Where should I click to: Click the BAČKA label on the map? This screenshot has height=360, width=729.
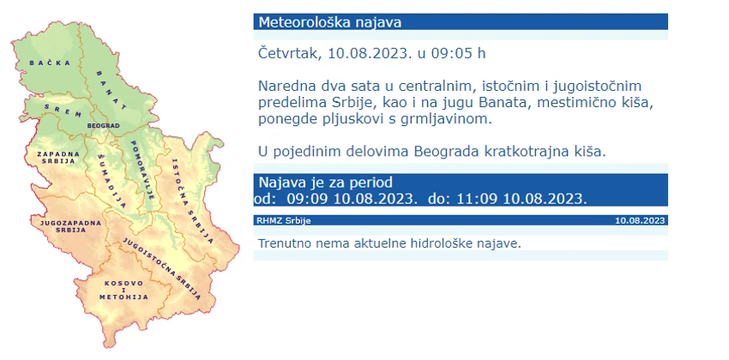pos(50,63)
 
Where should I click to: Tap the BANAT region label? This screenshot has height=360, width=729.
pos(111,90)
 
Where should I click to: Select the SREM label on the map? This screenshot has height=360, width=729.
pos(63,110)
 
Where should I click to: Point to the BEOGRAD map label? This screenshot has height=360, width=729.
pos(103,125)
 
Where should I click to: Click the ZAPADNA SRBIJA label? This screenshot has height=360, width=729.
pos(58,157)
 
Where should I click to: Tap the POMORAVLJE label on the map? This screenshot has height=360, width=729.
pos(142,170)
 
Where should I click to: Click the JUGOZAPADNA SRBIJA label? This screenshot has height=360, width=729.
pos(70,226)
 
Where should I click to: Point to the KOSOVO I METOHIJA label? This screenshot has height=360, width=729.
pos(124,290)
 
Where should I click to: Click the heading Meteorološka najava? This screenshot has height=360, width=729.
pos(329,22)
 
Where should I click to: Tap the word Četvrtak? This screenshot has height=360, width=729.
pos(289,53)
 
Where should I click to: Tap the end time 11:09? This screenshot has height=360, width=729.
pos(477,199)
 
